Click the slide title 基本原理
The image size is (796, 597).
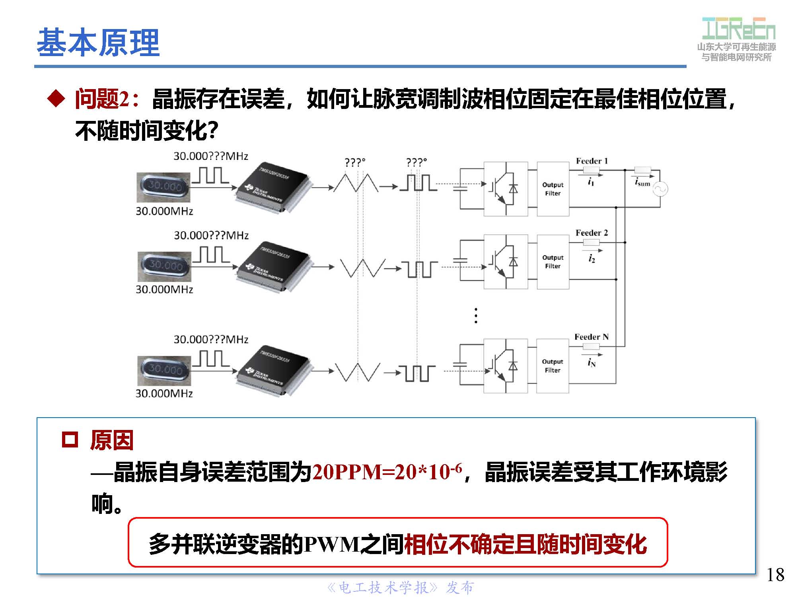point(98,43)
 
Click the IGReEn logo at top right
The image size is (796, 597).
point(738,29)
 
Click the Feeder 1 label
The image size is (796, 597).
point(592,161)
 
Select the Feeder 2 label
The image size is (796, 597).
point(592,233)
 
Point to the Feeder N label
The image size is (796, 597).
point(591,337)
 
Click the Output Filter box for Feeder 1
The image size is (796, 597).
point(553,189)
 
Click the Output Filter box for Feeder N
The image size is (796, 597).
point(552,366)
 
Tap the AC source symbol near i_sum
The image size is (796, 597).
point(660,189)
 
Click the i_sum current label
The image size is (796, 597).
point(642,183)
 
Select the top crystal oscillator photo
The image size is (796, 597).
point(163,187)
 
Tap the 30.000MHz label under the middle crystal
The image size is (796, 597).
point(164,290)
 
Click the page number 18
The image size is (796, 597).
point(775,575)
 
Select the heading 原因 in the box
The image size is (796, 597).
point(112,441)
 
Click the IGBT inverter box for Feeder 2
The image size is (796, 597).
point(505,262)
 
